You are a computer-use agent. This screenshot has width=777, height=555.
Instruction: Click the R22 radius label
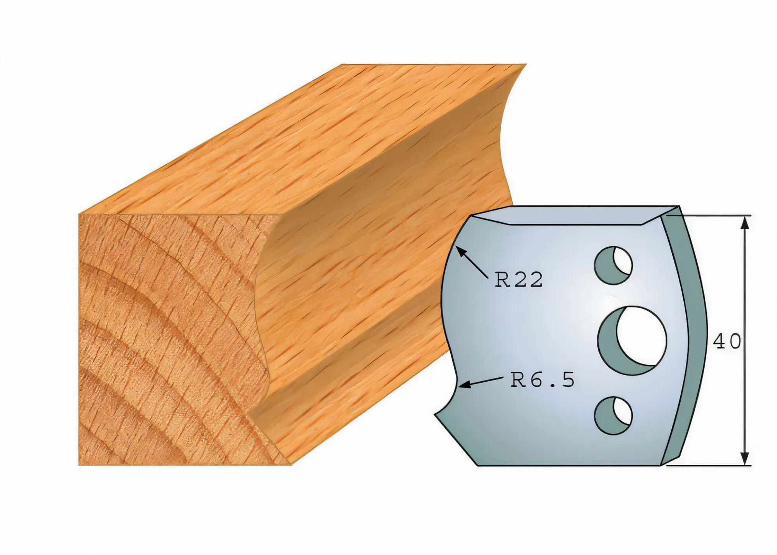pos(518,280)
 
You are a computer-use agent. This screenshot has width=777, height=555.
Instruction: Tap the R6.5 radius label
pos(542,381)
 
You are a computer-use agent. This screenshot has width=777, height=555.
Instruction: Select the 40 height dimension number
pos(726,341)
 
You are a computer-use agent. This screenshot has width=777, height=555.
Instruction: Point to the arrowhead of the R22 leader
pos(458,249)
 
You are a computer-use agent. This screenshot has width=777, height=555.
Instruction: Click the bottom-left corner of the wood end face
pos(79,465)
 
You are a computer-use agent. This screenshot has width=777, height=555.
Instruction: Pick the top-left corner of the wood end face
pos(79,214)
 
